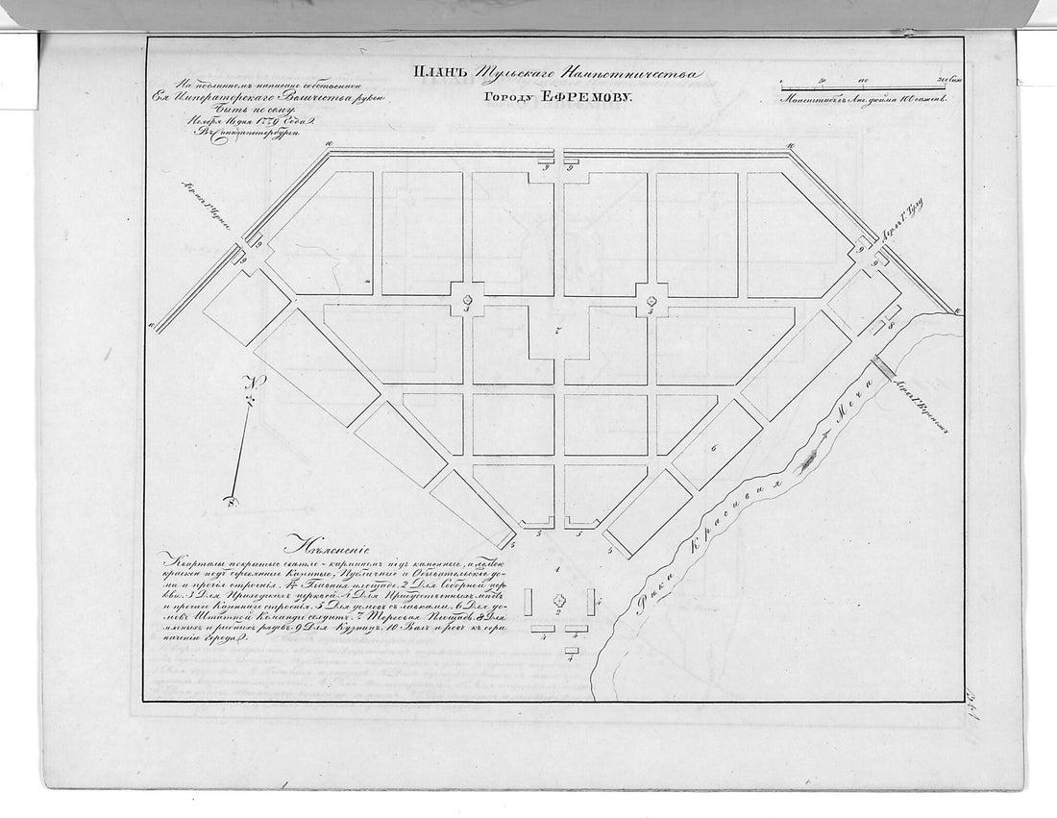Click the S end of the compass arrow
click(230, 499)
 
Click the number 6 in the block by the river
click(739, 449)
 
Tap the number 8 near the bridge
click(891, 327)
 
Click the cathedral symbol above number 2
click(558, 599)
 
